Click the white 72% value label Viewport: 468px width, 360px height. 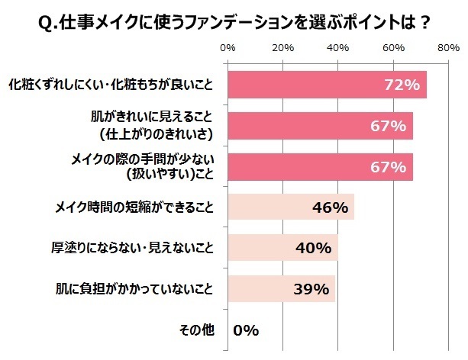(x=401, y=85)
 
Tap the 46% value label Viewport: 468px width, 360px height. (x=330, y=207)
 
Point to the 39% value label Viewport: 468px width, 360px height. (x=311, y=289)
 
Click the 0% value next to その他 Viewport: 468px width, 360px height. (x=246, y=330)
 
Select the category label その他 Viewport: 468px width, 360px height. (x=195, y=330)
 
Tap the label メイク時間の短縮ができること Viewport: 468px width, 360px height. (x=142, y=207)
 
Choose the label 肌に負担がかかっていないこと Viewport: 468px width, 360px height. (x=147, y=289)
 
